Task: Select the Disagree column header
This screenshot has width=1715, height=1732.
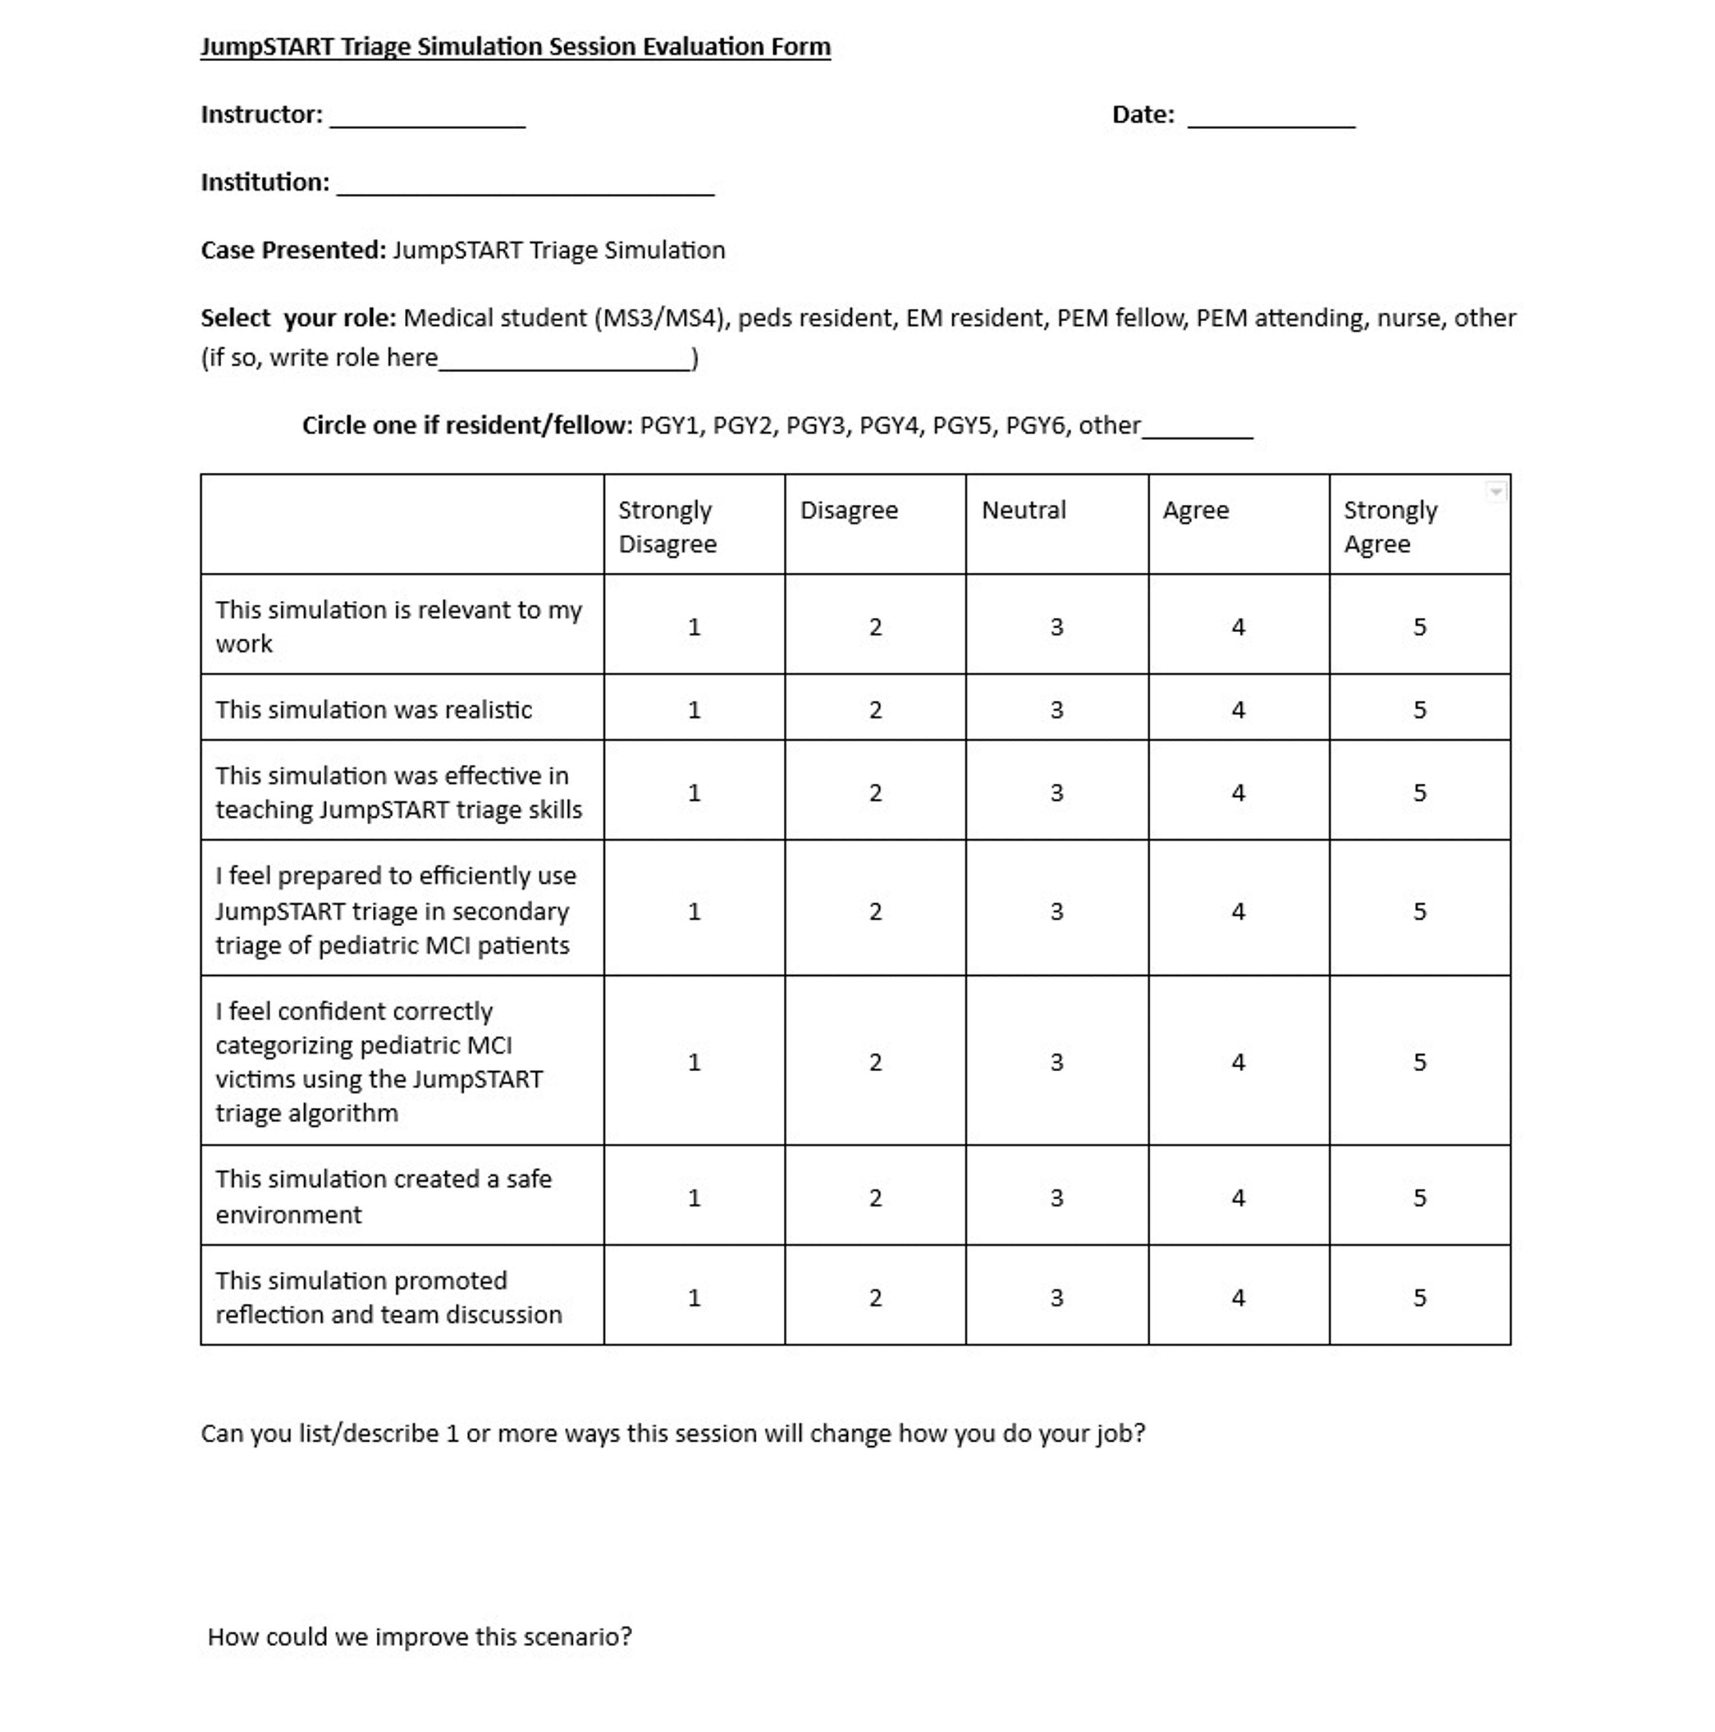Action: coord(848,510)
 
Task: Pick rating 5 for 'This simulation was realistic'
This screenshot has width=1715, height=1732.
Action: coord(1419,710)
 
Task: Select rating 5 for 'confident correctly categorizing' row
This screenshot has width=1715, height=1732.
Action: coord(1419,1062)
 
